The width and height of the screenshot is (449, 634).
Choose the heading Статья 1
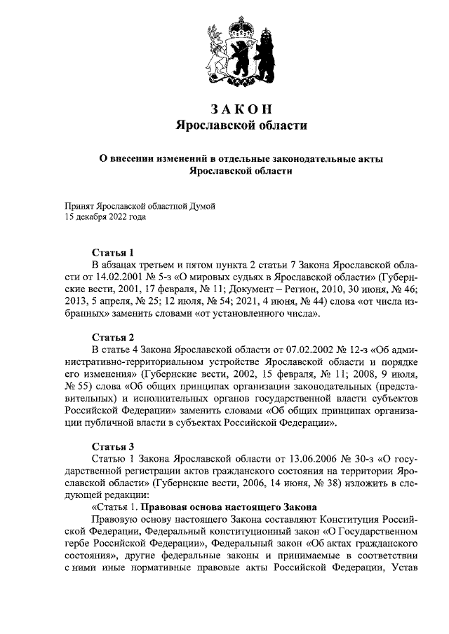(x=113, y=252)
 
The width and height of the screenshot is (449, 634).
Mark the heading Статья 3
(x=113, y=446)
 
